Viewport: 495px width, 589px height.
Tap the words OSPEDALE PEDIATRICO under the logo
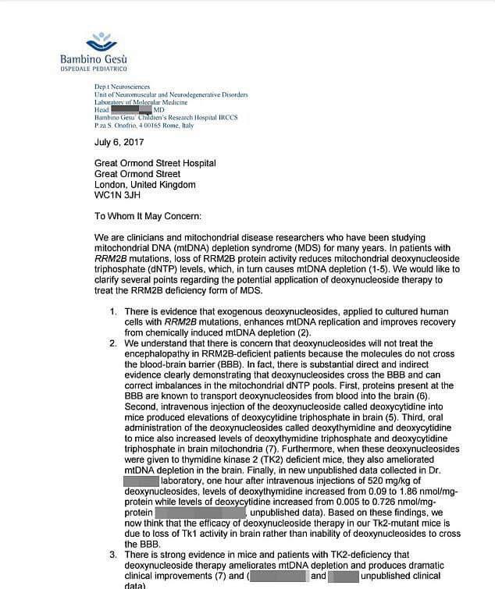tap(94, 69)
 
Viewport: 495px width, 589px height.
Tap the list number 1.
tap(113, 312)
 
